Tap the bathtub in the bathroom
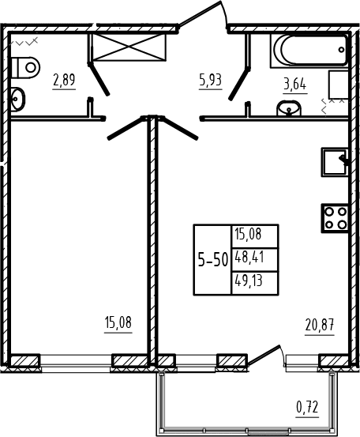click(309, 51)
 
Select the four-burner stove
click(336, 218)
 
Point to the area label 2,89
click(64, 81)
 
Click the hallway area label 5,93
click(210, 81)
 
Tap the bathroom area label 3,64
click(294, 85)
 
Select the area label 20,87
click(320, 326)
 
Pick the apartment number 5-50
click(213, 260)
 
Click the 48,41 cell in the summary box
click(249, 257)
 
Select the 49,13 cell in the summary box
click(249, 281)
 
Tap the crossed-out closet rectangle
click(127, 47)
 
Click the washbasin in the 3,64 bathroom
click(289, 108)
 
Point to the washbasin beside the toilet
click(17, 100)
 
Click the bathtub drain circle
click(342, 50)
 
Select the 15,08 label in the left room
click(118, 323)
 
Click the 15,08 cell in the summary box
click(249, 234)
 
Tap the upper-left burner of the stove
click(329, 212)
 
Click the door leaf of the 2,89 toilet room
click(99, 79)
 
